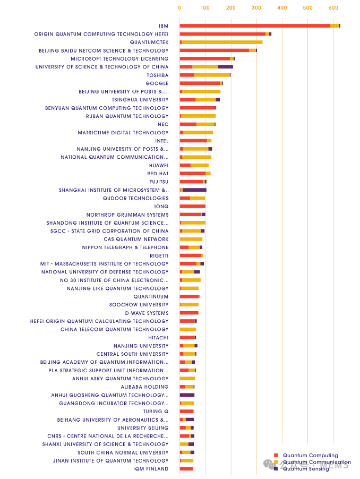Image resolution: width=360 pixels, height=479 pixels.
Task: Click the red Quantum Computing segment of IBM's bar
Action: [255, 25]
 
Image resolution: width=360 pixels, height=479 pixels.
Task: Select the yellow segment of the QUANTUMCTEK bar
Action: [222, 42]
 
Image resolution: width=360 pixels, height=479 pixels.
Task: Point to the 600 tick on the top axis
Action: [333, 8]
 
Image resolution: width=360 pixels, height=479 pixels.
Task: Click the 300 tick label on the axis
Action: [256, 8]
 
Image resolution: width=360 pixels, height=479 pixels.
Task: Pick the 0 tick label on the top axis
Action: [179, 8]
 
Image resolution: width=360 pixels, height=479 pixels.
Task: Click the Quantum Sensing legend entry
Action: [306, 468]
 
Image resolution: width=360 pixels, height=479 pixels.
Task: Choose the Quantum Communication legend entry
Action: [316, 462]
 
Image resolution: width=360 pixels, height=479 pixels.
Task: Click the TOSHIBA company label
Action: [157, 75]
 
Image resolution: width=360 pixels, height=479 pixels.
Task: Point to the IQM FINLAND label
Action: [151, 469]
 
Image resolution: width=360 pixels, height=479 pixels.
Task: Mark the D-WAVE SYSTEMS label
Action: [147, 313]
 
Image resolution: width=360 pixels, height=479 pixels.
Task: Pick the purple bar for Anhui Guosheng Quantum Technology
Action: [187, 395]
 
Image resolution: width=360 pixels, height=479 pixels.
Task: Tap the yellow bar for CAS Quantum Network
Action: [191, 239]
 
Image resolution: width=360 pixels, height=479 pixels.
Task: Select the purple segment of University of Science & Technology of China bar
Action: [226, 67]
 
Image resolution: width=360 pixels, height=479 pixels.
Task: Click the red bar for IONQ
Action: [192, 206]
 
